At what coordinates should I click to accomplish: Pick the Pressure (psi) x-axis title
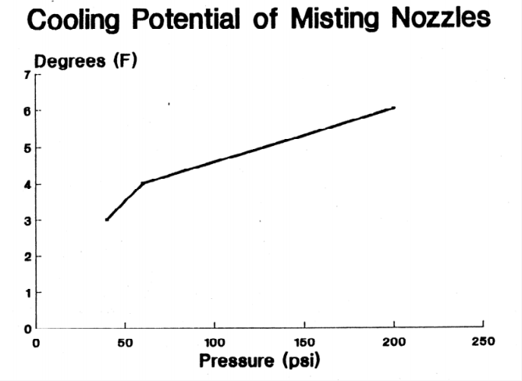tap(260, 361)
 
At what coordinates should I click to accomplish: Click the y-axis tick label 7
tap(26, 75)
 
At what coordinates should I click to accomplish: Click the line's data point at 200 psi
tap(394, 108)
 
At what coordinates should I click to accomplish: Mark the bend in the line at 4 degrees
tap(142, 183)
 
